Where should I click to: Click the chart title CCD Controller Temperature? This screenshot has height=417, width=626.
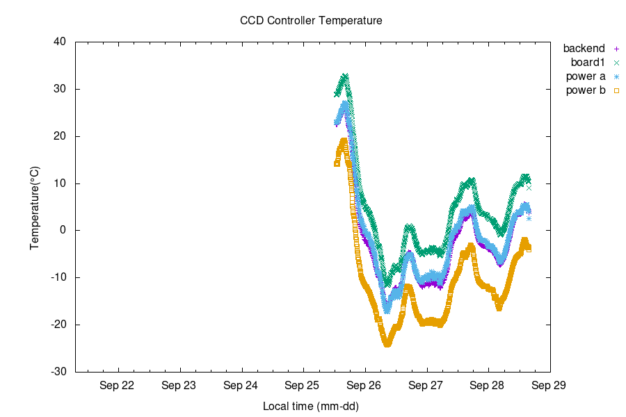[311, 21]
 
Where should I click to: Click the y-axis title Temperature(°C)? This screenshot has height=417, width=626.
[35, 207]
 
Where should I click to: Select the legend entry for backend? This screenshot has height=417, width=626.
[584, 49]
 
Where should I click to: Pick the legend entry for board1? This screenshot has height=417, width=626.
[587, 63]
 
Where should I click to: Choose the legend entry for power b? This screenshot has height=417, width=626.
[585, 90]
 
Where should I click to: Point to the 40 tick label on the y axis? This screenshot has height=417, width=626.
[60, 42]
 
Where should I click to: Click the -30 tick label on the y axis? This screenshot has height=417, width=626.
[58, 372]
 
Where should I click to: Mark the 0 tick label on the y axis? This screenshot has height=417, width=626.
[63, 231]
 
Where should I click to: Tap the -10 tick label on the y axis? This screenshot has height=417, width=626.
[58, 278]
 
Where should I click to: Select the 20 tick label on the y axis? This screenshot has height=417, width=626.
[60, 136]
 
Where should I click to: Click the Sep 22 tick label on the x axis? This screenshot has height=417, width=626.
[118, 384]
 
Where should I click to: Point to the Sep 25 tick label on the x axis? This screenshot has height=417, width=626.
[303, 384]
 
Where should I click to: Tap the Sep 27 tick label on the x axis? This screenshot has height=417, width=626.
[427, 384]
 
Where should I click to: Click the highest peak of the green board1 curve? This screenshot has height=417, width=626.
[345, 76]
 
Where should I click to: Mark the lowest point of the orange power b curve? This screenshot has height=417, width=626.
[387, 343]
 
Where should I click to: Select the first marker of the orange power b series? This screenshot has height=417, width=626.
[337, 163]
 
